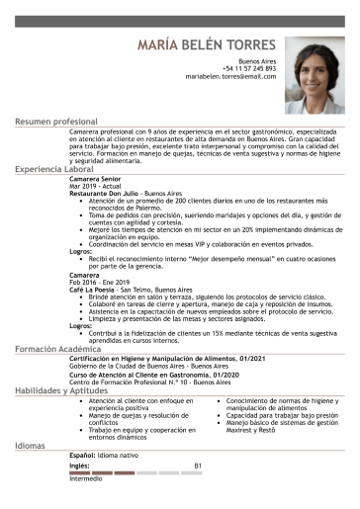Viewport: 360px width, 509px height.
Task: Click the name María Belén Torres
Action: pyautogui.click(x=207, y=45)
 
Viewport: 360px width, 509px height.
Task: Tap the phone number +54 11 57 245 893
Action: pyautogui.click(x=249, y=68)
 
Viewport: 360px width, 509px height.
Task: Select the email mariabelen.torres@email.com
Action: pyautogui.click(x=230, y=76)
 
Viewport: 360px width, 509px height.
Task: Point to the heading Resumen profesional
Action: pyautogui.click(x=56, y=122)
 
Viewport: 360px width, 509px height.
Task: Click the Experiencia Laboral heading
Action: pyautogui.click(x=54, y=170)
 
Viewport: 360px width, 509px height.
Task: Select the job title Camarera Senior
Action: pyautogui.click(x=97, y=179)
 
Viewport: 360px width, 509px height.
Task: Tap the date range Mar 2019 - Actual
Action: pyautogui.click(x=94, y=186)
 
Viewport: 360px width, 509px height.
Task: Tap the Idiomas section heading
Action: pyautogui.click(x=30, y=446)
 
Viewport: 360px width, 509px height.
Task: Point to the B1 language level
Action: pyautogui.click(x=198, y=465)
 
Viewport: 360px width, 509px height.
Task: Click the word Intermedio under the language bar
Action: pyautogui.click(x=86, y=479)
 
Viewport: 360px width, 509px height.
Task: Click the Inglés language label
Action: pyautogui.click(x=79, y=465)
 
